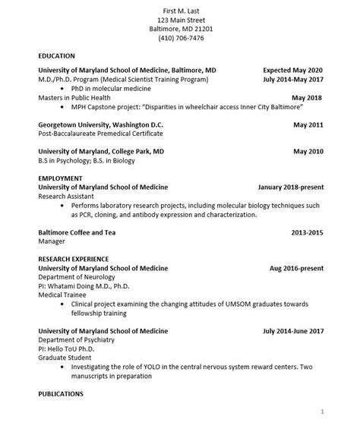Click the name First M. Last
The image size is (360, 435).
[180, 8]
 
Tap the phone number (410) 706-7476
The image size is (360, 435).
[180, 38]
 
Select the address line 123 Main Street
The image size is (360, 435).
[180, 18]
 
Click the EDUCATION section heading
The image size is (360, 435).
[57, 56]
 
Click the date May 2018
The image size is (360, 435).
[308, 98]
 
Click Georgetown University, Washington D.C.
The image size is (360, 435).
[100, 124]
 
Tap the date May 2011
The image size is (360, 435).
[308, 124]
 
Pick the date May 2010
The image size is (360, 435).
[308, 151]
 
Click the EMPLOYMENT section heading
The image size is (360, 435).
[60, 178]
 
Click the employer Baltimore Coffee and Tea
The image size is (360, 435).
[81, 232]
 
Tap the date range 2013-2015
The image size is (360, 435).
[307, 232]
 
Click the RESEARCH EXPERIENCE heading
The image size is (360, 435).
[73, 259]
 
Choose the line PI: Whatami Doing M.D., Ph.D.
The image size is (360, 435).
[80, 286]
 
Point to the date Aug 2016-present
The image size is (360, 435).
[296, 268]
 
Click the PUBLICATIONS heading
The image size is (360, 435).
[61, 395]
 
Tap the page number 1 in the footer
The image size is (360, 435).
[322, 411]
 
